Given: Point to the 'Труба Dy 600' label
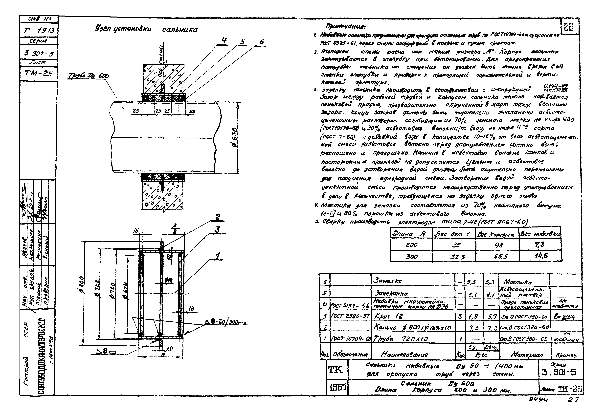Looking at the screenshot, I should click(x=89, y=76).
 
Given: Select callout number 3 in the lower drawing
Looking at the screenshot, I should click(x=217, y=229).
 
